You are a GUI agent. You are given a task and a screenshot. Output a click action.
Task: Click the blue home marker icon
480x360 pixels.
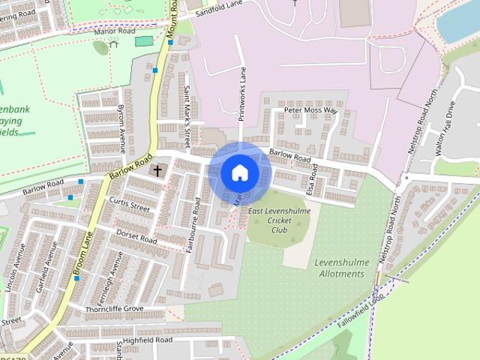pos(239,172)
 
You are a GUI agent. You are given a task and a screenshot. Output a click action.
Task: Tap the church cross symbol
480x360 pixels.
pos(157,170)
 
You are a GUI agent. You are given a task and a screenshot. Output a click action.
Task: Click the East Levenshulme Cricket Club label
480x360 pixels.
pos(279,220)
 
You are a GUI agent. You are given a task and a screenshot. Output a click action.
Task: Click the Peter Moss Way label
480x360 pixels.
pos(310,110)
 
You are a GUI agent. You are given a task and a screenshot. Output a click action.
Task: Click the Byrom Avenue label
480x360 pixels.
pos(121,127)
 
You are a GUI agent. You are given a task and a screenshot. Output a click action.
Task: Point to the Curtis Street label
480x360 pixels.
pos(130,202)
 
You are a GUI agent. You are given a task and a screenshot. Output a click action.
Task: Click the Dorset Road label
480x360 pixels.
pos(136,236)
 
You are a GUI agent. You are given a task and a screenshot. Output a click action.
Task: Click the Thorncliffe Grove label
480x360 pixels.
pos(114,309)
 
